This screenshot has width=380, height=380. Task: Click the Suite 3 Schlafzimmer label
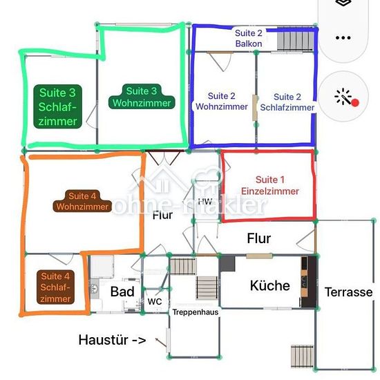(x=57, y=106)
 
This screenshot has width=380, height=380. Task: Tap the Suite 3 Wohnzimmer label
(x=142, y=97)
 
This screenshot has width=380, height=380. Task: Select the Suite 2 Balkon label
(x=249, y=38)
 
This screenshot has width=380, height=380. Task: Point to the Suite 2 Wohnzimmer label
(x=222, y=102)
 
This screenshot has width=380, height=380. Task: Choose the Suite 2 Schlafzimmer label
(x=287, y=102)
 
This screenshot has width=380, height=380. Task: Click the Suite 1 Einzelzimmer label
(x=270, y=185)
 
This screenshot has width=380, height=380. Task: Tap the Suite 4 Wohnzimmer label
(x=82, y=201)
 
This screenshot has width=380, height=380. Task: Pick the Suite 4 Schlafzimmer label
(x=55, y=287)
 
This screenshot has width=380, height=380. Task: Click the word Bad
(x=122, y=292)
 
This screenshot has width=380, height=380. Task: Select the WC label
(x=155, y=302)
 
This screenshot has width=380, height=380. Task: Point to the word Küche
(x=269, y=285)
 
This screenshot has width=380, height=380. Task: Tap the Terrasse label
(x=348, y=292)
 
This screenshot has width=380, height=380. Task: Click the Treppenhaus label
(x=196, y=312)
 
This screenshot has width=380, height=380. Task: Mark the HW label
(x=205, y=201)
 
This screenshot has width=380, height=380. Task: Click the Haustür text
(x=103, y=340)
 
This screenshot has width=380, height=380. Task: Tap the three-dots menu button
(x=343, y=38)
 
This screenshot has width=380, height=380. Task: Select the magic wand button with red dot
(x=343, y=96)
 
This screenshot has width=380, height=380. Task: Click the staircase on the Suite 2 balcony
(x=296, y=40)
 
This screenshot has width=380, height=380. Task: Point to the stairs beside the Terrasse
(x=303, y=357)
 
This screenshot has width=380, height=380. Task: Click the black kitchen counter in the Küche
(x=309, y=282)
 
